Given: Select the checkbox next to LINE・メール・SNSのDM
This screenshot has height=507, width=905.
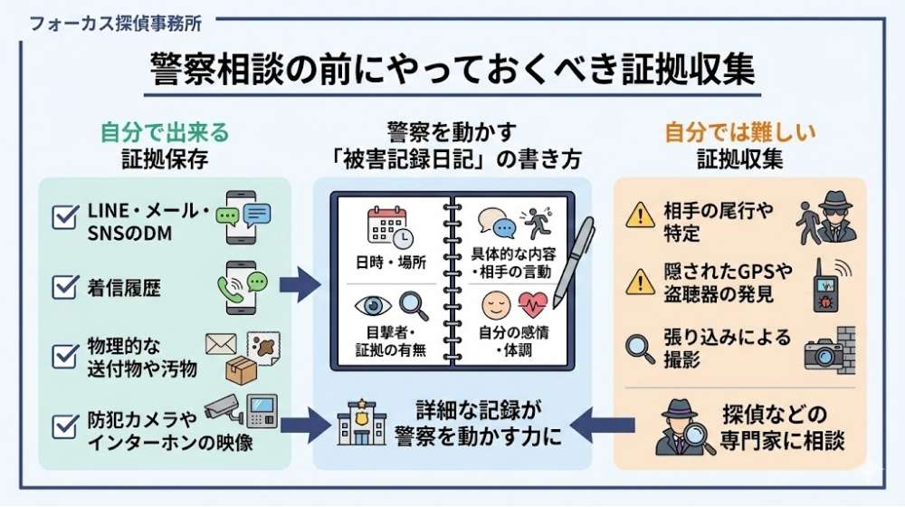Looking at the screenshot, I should pos(64,217).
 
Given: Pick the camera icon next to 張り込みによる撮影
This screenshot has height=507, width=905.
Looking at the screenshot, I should pos(822,352).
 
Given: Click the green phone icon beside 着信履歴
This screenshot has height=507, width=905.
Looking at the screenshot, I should pos(238,287).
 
